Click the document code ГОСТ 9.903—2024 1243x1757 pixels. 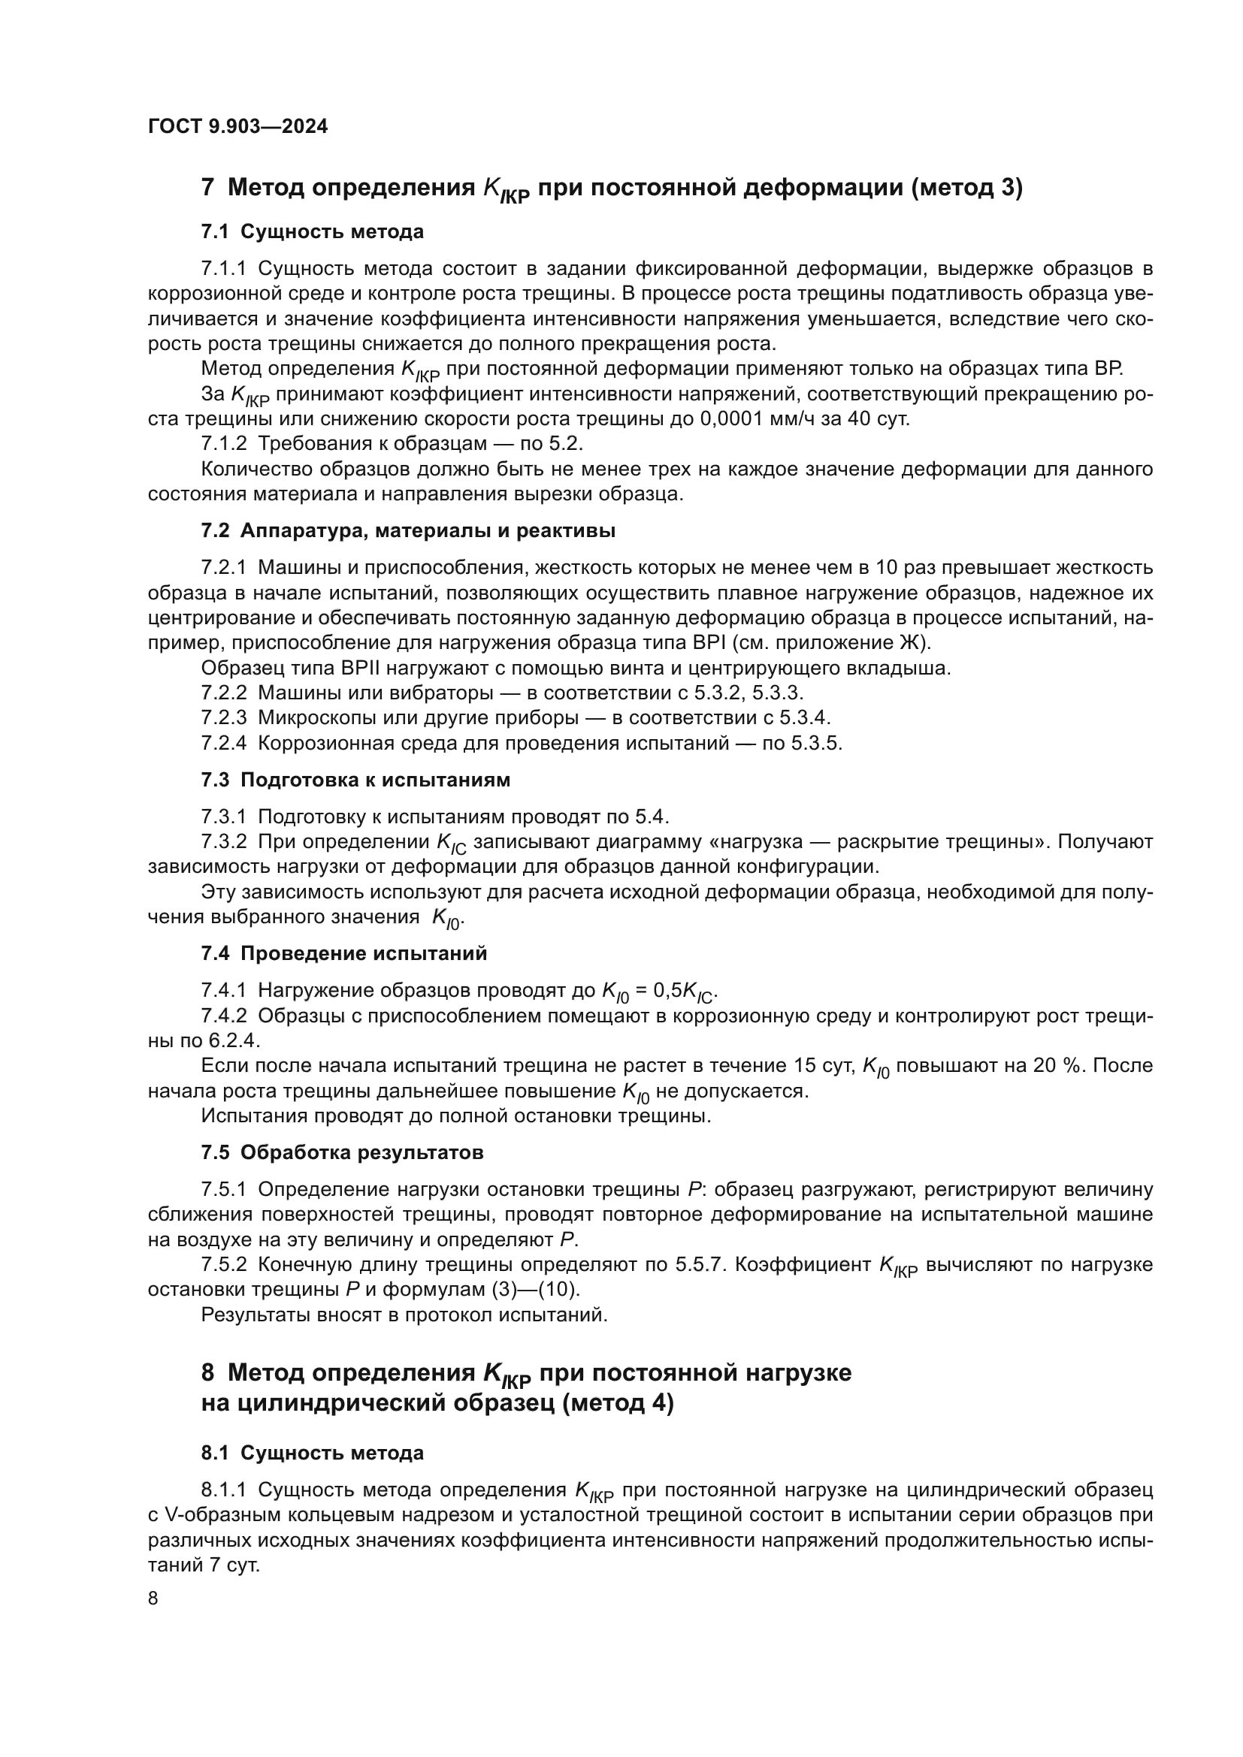click(x=237, y=127)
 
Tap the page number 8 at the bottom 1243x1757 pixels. click(x=153, y=1598)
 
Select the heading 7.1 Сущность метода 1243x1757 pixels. click(x=313, y=231)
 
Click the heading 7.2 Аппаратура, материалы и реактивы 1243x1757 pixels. click(x=408, y=530)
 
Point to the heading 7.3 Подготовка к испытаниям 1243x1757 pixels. click(x=355, y=780)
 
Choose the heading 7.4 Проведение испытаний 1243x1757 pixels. click(x=343, y=953)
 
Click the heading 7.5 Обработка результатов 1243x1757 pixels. click(x=342, y=1152)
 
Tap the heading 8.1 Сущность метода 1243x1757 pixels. click(x=313, y=1453)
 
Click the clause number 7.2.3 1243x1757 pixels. click(x=223, y=718)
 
